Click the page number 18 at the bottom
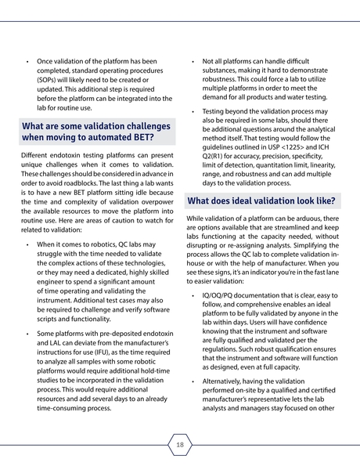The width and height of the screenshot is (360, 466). [x=180, y=445]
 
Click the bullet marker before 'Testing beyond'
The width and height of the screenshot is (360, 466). [x=193, y=111]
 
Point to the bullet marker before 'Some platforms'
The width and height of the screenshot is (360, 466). [x=27, y=334]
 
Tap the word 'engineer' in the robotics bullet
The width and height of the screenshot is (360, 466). [x=56, y=291]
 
